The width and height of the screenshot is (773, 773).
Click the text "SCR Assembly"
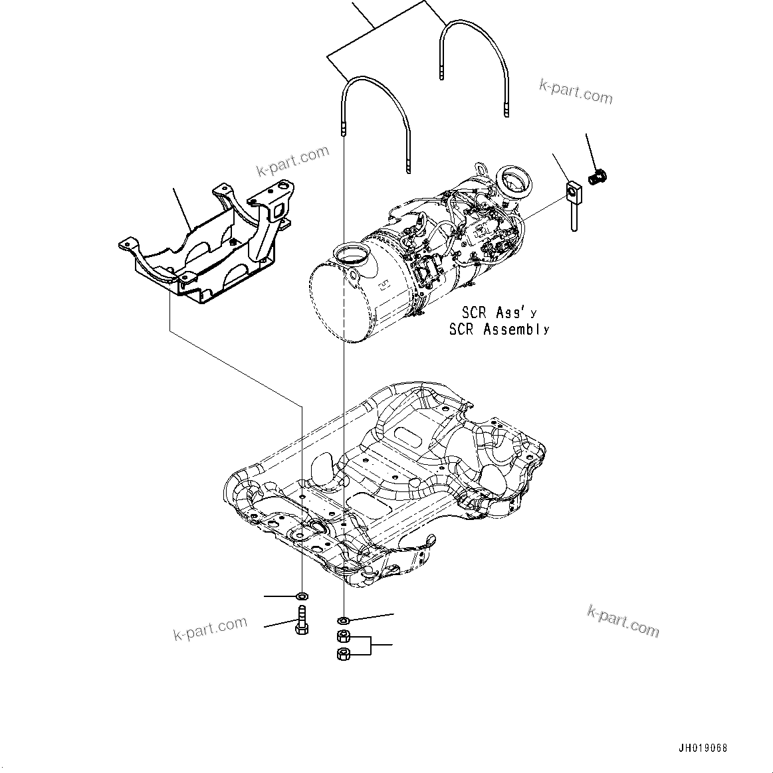499,329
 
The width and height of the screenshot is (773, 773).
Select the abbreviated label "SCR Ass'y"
499,312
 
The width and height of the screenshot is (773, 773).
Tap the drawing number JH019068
703,748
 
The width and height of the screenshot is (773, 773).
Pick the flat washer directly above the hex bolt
302,595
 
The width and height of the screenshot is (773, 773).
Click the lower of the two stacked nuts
344,654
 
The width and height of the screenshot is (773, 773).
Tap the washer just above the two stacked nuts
344,620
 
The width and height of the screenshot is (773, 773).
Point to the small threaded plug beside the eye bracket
599,177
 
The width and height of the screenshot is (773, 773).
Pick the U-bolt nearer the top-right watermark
473,63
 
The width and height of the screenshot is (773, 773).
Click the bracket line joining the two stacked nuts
371,645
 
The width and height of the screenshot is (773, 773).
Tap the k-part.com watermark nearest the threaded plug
576,92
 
